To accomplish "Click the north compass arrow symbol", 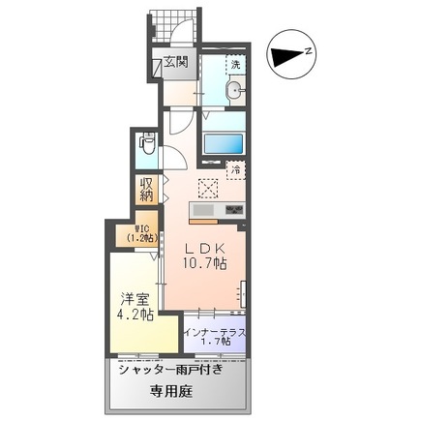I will (287, 56).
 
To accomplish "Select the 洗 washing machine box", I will (233, 65).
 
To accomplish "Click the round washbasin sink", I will (234, 92).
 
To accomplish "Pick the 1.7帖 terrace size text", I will (214, 342).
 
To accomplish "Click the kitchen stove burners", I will (234, 210).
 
